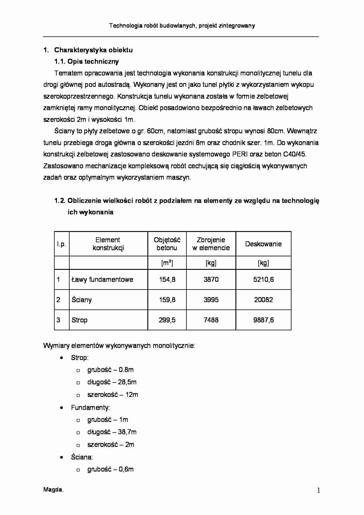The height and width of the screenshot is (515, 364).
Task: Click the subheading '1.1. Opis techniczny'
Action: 87,62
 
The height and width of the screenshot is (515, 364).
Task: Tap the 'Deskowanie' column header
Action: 263,244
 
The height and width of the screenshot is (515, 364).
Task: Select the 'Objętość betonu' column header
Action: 167,244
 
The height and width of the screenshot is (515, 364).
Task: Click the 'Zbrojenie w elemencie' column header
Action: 211,244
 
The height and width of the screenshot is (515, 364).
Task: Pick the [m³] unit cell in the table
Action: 167,263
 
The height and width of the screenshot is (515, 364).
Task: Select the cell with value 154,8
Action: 167,280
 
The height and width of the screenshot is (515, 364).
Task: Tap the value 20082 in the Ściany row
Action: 263,300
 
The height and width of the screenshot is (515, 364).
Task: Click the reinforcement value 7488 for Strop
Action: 211,320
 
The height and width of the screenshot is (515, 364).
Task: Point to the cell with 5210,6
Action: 263,280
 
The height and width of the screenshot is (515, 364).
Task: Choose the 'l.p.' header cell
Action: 62,244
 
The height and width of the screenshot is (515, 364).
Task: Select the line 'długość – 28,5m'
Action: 112,382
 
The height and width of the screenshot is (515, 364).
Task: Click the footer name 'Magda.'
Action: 53,489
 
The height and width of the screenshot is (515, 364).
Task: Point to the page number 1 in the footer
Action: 318,490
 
